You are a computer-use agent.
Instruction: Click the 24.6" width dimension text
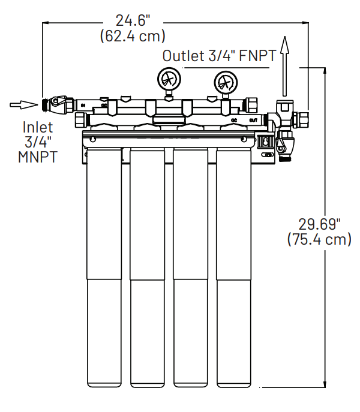133,20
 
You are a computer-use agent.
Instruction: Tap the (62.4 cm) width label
133,36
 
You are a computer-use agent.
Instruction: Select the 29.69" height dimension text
320,224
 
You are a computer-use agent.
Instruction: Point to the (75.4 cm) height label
320,239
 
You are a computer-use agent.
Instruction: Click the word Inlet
38,127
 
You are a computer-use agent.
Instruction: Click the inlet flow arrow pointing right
23,105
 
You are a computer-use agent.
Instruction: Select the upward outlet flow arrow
286,63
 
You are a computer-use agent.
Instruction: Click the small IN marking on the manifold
83,106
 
